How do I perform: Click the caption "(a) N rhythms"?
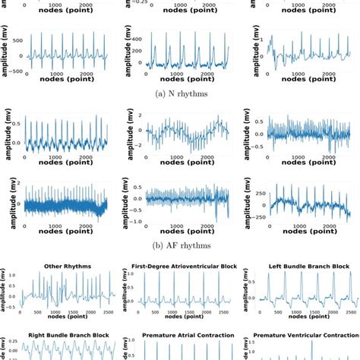180,93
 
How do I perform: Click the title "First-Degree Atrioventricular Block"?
180,267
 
